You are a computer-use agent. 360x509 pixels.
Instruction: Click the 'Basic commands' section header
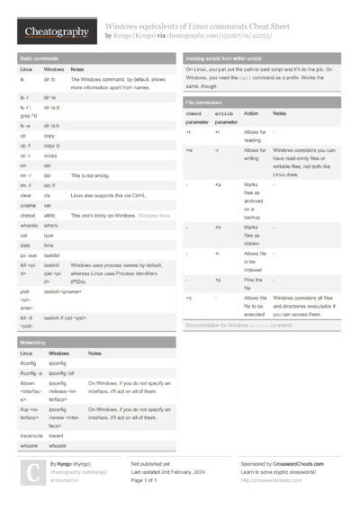pos(37,58)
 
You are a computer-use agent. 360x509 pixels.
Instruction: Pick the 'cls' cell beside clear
pos(48,195)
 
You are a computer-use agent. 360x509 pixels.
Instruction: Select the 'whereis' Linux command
pos(30,226)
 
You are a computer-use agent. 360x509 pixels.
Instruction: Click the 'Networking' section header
pos(33,343)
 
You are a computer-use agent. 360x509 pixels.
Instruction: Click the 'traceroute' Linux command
pos(32,435)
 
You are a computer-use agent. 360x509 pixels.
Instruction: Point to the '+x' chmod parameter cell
pos(189,297)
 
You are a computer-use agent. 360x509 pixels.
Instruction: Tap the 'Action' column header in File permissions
pos(251,114)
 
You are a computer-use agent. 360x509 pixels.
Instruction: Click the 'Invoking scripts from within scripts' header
pos(230,58)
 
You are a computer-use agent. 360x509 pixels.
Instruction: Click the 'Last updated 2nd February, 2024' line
pos(168,471)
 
